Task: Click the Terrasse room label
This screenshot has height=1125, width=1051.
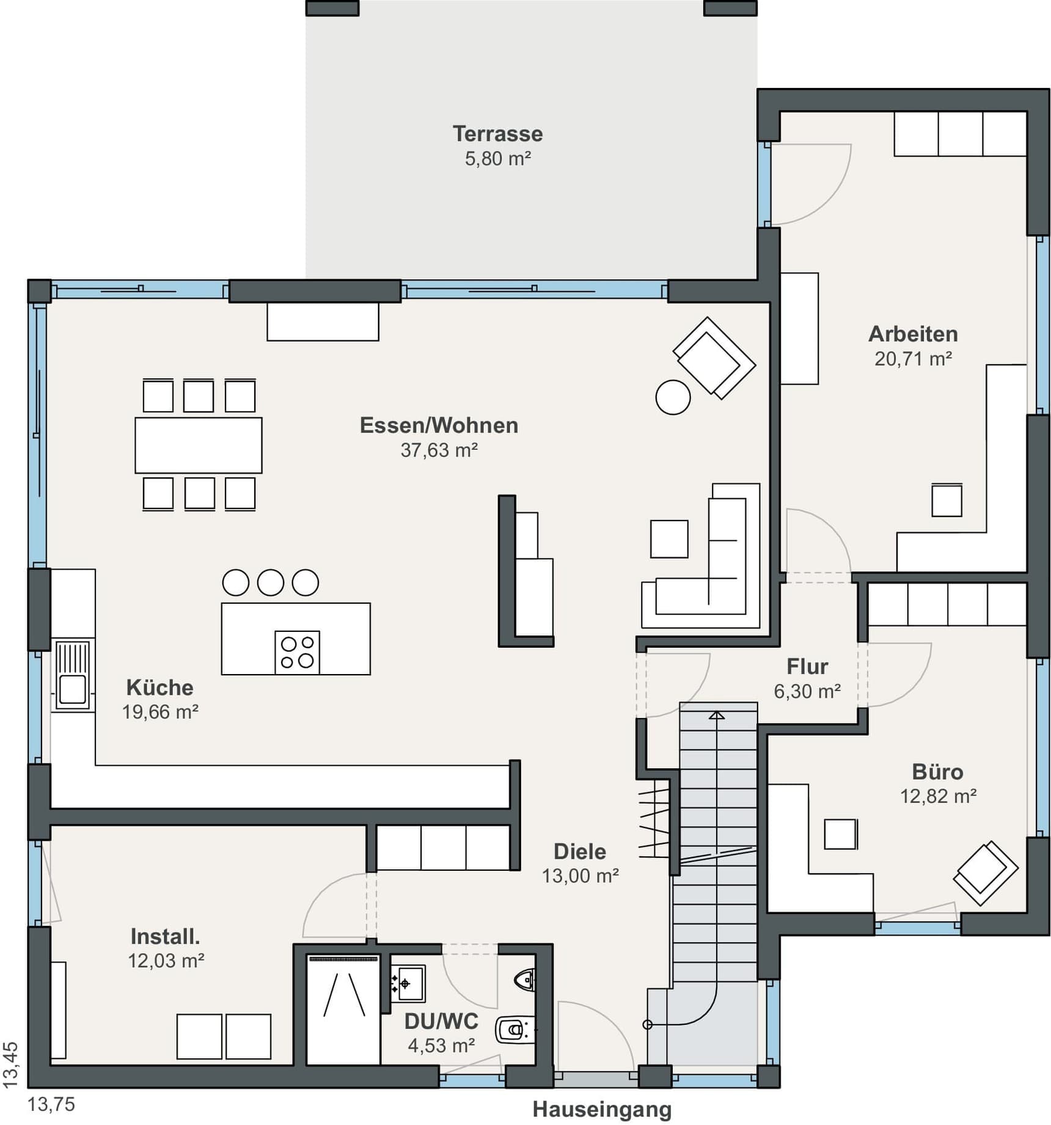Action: pyautogui.click(x=497, y=134)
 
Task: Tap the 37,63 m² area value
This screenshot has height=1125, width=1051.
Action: pyautogui.click(x=439, y=450)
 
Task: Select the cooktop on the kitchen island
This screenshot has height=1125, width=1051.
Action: pyautogui.click(x=298, y=653)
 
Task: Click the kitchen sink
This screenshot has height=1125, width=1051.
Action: pyautogui.click(x=73, y=675)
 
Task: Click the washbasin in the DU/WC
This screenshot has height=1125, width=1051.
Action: pyautogui.click(x=408, y=984)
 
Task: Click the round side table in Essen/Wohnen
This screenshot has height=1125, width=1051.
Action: pyautogui.click(x=673, y=398)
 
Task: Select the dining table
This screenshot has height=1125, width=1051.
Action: pyautogui.click(x=199, y=445)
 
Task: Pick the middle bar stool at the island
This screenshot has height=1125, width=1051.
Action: pyautogui.click(x=271, y=582)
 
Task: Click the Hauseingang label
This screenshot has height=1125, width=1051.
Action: pyautogui.click(x=602, y=1109)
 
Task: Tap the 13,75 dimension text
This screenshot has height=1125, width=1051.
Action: pyautogui.click(x=51, y=1104)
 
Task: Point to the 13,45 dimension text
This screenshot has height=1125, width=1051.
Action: pyautogui.click(x=11, y=1065)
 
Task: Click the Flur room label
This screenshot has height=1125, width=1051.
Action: pyautogui.click(x=807, y=666)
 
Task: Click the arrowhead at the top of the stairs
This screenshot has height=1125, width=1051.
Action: pyautogui.click(x=717, y=715)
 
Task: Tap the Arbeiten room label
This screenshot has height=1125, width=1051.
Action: pyautogui.click(x=913, y=334)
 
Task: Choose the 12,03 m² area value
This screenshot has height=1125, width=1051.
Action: pyautogui.click(x=166, y=961)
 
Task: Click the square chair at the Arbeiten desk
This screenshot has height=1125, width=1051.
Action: pyautogui.click(x=947, y=500)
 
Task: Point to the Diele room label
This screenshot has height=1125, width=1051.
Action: pyautogui.click(x=580, y=851)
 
